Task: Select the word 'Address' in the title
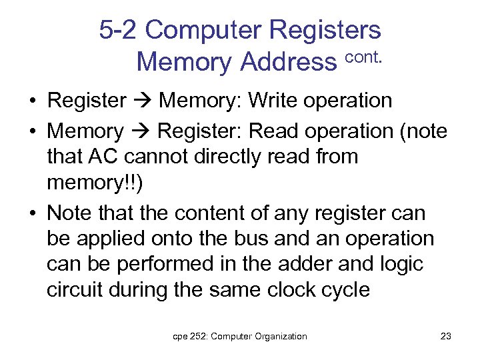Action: (288, 62)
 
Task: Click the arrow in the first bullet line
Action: (143, 101)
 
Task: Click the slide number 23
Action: (446, 337)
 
